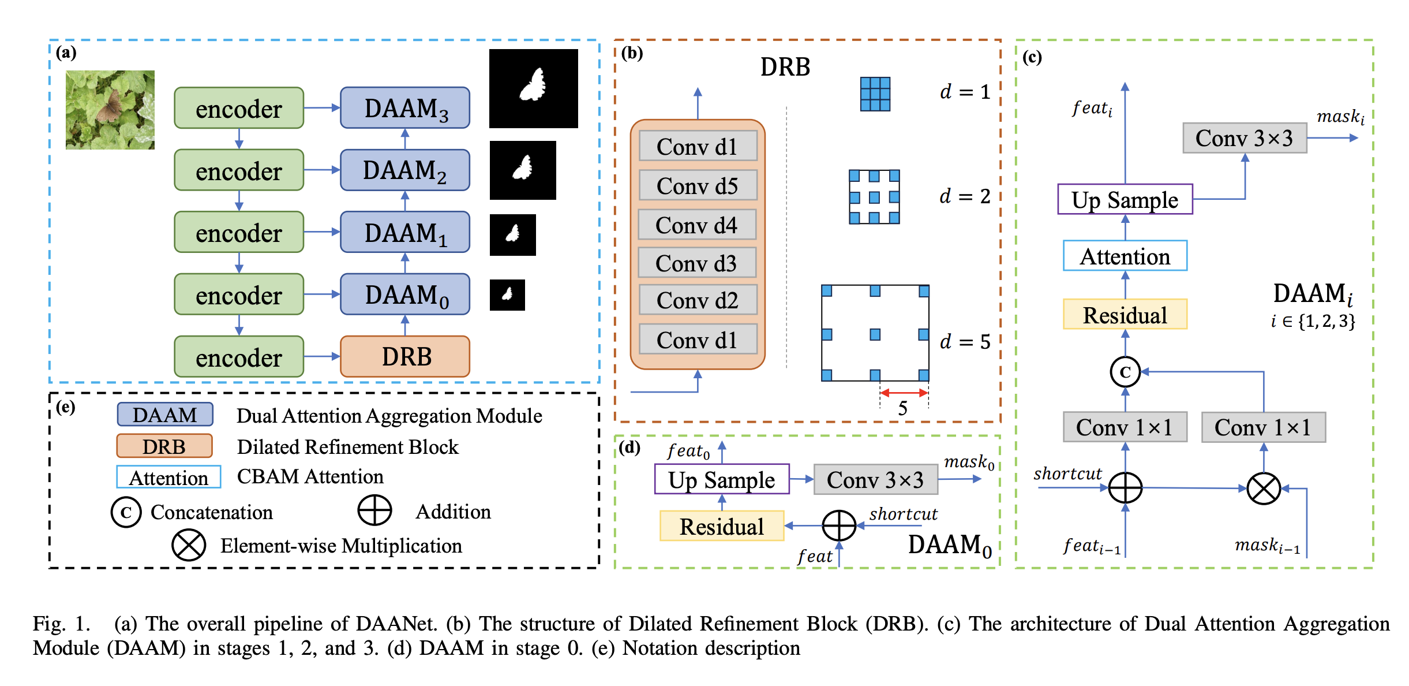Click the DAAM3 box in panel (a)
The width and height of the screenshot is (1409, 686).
[405, 108]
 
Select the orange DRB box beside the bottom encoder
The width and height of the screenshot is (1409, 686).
[405, 356]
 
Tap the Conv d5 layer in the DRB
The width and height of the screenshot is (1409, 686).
[698, 185]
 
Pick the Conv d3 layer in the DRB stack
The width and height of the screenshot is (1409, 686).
[697, 263]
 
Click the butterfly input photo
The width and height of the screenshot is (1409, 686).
[110, 110]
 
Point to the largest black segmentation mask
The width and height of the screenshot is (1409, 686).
[534, 88]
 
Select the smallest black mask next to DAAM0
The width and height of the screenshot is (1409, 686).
[507, 295]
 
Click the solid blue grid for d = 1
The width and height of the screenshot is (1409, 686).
[875, 94]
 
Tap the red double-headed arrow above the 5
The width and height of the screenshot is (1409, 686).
[904, 393]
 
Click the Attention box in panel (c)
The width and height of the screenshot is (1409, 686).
[1125, 256]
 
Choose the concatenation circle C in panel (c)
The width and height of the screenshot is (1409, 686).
[1125, 372]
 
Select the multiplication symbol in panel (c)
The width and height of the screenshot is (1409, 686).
[1264, 489]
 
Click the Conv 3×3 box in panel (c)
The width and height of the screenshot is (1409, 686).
[1245, 138]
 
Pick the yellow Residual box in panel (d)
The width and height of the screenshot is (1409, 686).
[722, 526]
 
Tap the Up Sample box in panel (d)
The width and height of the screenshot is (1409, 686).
[722, 479]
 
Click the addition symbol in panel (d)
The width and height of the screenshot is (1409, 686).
[839, 526]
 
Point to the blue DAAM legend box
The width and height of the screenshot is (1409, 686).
[165, 415]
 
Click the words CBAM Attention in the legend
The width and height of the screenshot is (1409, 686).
[310, 476]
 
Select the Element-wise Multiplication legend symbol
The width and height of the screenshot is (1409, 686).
[189, 546]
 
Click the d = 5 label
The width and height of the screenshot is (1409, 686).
[965, 342]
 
